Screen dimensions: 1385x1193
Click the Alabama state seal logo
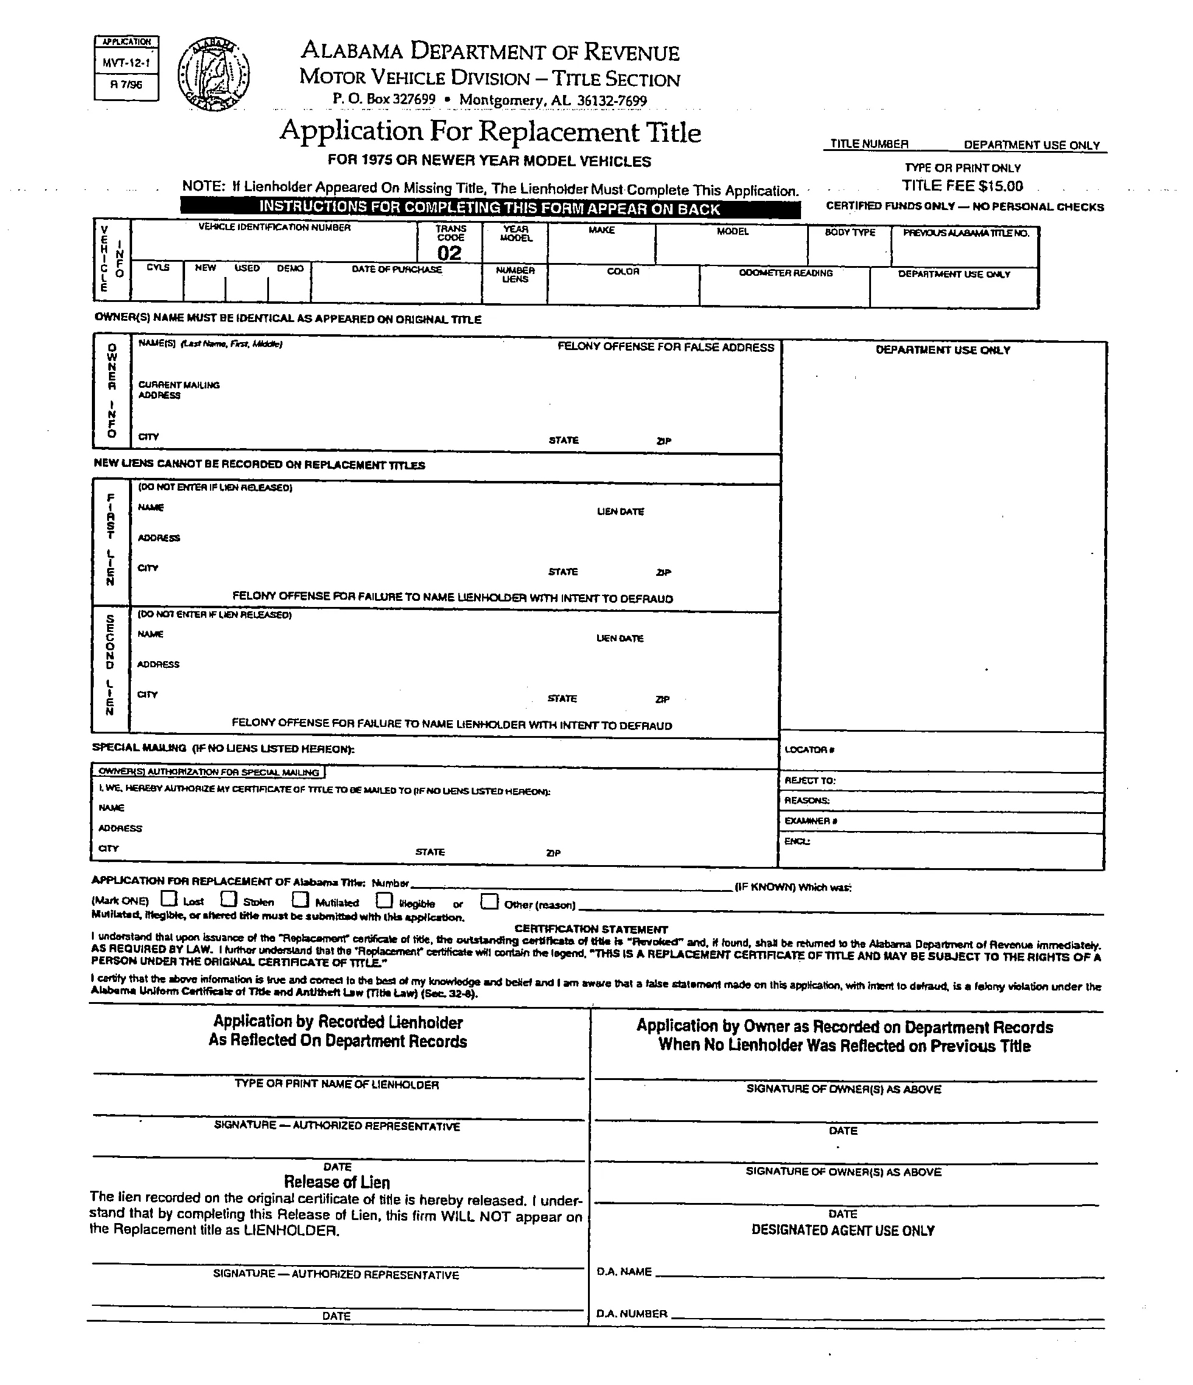[214, 74]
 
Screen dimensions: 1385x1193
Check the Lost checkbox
[170, 899]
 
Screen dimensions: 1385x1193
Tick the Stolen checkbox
[229, 899]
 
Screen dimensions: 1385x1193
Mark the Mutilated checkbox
[301, 900]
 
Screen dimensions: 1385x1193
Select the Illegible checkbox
[383, 900]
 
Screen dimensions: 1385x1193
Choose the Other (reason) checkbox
[489, 902]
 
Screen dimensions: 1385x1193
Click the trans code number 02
[449, 253]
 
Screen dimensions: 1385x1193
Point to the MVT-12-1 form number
[127, 64]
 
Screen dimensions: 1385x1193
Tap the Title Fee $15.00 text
[962, 186]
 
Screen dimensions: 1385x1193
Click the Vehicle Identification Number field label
[274, 227]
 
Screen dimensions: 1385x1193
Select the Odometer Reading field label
[785, 273]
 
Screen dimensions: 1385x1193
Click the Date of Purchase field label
[396, 269]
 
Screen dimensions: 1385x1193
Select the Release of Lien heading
[337, 1182]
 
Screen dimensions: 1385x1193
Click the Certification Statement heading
[591, 929]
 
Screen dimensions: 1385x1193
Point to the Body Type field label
[850, 232]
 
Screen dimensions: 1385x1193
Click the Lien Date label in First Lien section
[620, 511]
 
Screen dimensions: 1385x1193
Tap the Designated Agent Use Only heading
[843, 1230]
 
